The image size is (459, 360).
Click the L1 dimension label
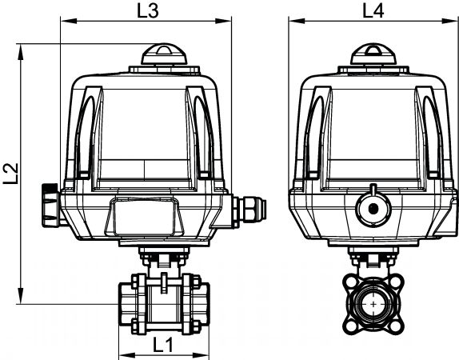(163, 345)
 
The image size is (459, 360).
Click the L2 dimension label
(11, 174)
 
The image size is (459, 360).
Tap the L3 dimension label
(148, 11)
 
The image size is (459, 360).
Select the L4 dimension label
(373, 11)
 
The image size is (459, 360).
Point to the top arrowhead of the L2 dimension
(21, 52)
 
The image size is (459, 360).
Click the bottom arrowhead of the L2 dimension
(21, 296)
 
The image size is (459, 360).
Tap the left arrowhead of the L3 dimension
(69, 21)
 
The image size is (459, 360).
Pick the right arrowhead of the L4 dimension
(449, 21)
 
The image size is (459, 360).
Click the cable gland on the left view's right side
(249, 210)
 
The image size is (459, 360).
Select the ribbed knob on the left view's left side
(50, 205)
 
